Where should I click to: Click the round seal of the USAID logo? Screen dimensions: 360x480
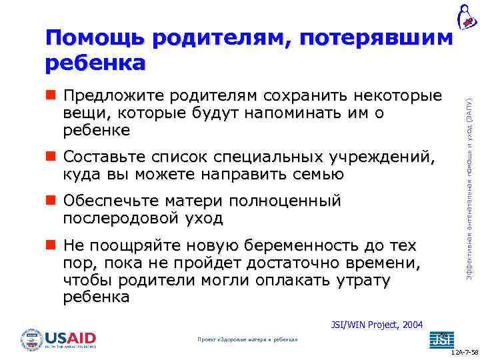click(x=31, y=339)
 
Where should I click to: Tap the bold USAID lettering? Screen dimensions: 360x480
click(x=71, y=336)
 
